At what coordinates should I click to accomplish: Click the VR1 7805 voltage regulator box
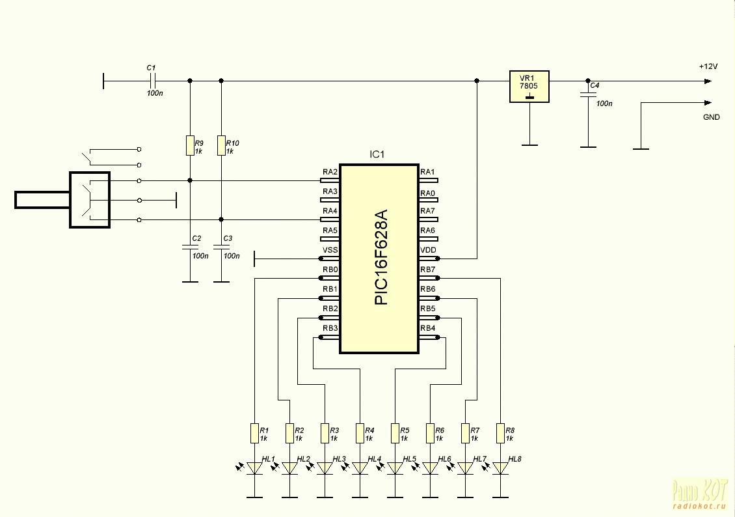pos(529,87)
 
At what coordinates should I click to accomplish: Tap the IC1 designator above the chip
pos(377,155)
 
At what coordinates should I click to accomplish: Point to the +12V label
pos(708,67)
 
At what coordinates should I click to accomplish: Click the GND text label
pos(711,117)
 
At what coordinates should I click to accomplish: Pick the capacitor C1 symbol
pos(152,81)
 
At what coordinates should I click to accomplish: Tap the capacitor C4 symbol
pos(588,95)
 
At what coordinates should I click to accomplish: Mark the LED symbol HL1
pos(254,468)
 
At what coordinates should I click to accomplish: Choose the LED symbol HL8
pos(500,468)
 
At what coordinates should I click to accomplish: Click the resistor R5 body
pos(395,433)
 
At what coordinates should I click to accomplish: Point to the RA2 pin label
pos(330,173)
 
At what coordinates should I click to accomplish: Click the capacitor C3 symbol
pos(221,248)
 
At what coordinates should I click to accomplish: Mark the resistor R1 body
pos(254,433)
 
